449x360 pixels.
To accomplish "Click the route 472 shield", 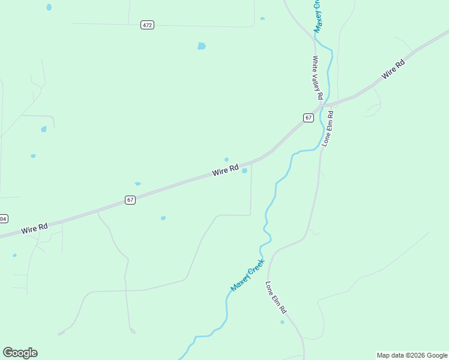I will [x=148, y=25].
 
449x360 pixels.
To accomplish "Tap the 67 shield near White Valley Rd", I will [x=308, y=118].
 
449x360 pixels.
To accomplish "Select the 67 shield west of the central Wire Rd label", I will [x=130, y=200].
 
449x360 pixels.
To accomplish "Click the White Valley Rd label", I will [x=318, y=77].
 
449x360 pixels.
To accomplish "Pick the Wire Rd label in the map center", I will [x=226, y=170].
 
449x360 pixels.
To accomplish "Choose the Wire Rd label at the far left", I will [x=34, y=229].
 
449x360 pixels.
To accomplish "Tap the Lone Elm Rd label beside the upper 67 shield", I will [x=327, y=128].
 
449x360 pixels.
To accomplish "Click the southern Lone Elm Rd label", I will [x=276, y=298].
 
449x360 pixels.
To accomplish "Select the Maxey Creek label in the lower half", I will [x=247, y=275].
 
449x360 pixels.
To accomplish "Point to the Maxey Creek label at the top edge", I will [x=319, y=15].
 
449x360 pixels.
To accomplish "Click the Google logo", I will [x=20, y=353].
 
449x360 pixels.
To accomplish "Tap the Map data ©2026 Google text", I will [x=412, y=355].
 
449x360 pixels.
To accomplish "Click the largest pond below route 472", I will [x=202, y=46].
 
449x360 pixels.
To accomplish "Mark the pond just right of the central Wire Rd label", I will [x=244, y=170].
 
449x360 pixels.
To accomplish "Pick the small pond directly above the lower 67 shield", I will [x=137, y=184].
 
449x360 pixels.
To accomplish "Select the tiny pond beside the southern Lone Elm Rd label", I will [x=282, y=322].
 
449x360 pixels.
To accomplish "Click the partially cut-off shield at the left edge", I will [x=3, y=218].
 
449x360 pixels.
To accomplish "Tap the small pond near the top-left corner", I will [x=49, y=7].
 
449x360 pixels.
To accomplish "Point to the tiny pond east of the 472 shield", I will [x=262, y=19].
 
